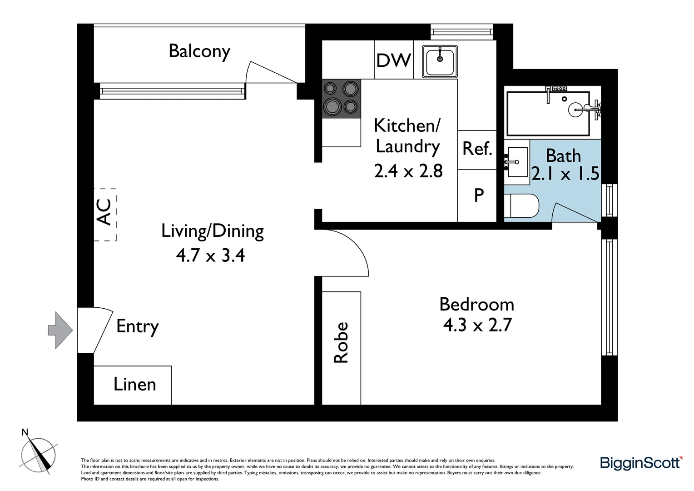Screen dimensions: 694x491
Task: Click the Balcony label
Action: click(x=199, y=51)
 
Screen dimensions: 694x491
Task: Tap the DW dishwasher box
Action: click(x=394, y=60)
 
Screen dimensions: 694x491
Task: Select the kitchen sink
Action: click(x=440, y=61)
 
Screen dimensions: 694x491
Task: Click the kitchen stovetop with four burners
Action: click(x=342, y=99)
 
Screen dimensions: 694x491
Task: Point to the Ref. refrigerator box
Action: click(x=477, y=150)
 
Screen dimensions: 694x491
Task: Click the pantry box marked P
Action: click(x=477, y=195)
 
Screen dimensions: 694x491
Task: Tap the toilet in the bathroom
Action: click(x=522, y=205)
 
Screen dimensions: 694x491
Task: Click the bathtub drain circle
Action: click(x=564, y=99)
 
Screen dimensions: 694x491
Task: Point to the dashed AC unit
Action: click(x=105, y=215)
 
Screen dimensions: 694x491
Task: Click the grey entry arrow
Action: click(x=60, y=330)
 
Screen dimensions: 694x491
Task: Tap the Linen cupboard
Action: click(x=133, y=385)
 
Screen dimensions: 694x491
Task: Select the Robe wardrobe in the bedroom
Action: click(x=342, y=348)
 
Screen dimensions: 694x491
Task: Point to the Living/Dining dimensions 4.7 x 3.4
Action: click(x=210, y=256)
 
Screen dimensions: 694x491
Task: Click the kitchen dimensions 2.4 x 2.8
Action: click(x=408, y=170)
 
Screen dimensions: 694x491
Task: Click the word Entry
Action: click(x=137, y=327)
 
